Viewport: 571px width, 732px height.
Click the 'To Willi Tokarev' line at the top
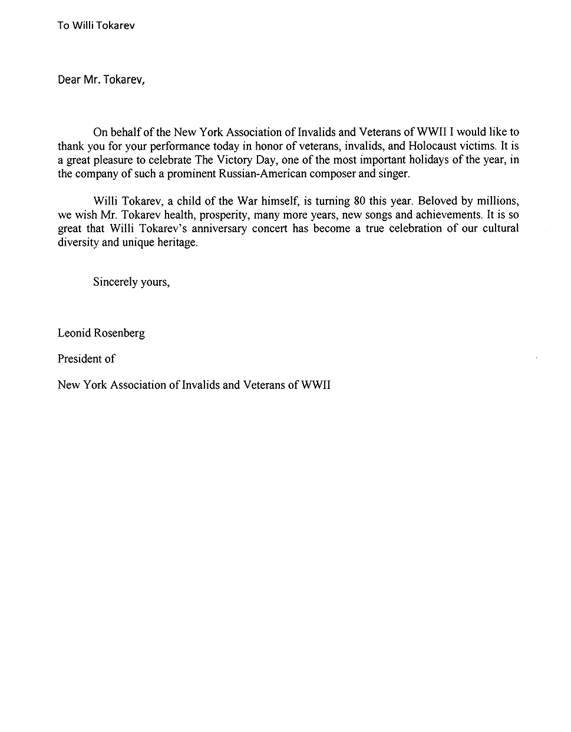click(95, 25)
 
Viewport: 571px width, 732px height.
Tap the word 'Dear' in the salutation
click(68, 79)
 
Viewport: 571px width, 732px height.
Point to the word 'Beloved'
click(437, 201)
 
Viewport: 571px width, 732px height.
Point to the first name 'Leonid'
click(74, 333)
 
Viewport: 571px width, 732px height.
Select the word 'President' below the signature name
click(79, 358)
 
